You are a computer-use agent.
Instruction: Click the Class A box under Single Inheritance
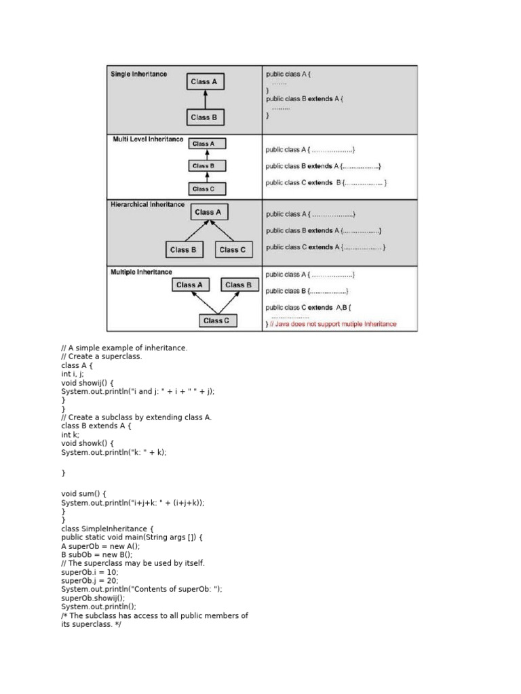coord(204,82)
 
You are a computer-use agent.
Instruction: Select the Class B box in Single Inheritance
coord(204,117)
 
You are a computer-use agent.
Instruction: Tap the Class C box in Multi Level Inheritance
coord(204,189)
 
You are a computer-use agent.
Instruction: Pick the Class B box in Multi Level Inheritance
coord(204,165)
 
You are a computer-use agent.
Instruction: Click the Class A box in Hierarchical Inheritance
coord(208,212)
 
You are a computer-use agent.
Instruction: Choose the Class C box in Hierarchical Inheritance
coord(233,250)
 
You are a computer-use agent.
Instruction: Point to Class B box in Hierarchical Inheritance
coord(183,250)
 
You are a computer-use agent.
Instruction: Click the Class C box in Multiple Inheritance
coord(216,321)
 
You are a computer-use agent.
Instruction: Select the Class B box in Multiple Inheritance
coord(238,285)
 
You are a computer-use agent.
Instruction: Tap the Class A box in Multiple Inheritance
coord(189,285)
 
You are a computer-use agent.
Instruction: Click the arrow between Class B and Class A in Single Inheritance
coord(204,100)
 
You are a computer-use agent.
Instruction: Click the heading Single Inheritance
coord(138,74)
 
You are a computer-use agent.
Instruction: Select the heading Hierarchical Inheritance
coord(147,204)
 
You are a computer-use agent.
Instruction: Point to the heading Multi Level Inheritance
coord(147,140)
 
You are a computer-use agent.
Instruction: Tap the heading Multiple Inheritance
coord(141,272)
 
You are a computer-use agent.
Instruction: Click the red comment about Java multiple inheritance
coord(333,324)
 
